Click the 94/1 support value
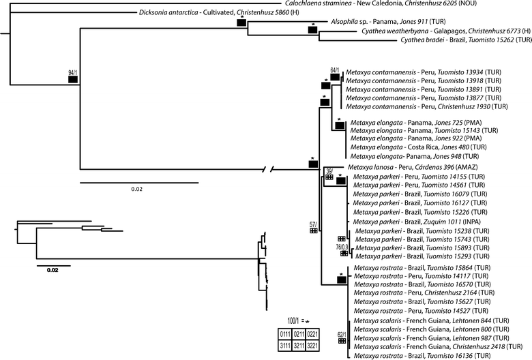[72, 72]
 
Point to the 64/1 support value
[335, 70]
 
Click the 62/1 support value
[342, 334]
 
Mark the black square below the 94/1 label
[72, 80]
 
